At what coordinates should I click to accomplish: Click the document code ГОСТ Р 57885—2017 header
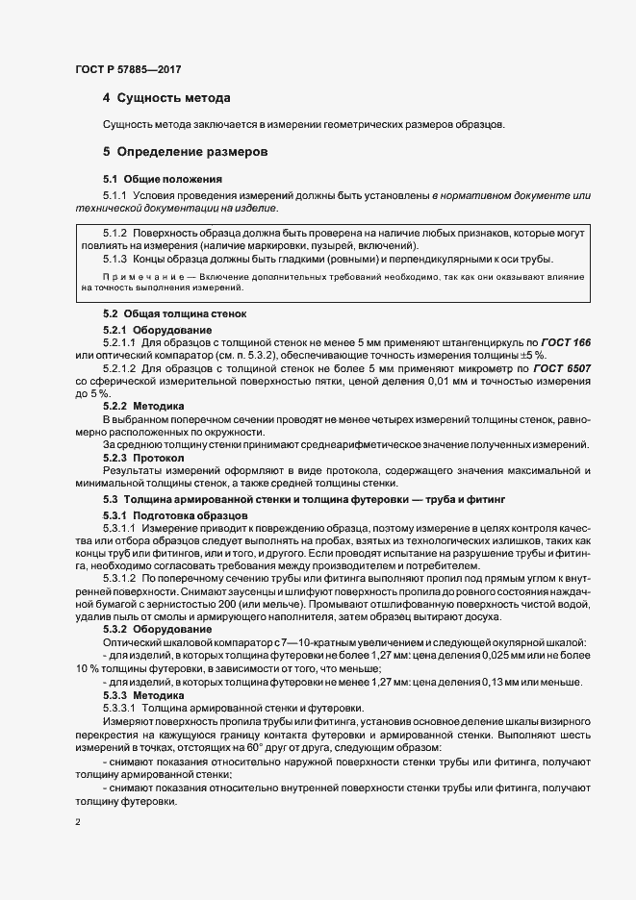click(127, 70)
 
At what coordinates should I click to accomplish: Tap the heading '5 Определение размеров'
click(184, 152)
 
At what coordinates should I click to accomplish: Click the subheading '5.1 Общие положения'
click(163, 179)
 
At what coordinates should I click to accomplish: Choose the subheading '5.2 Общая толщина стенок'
click(175, 314)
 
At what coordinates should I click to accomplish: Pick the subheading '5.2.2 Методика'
click(143, 407)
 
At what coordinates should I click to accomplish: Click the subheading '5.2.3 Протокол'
click(143, 458)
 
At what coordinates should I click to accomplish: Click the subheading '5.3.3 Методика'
click(143, 694)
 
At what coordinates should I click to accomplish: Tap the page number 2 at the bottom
click(78, 823)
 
